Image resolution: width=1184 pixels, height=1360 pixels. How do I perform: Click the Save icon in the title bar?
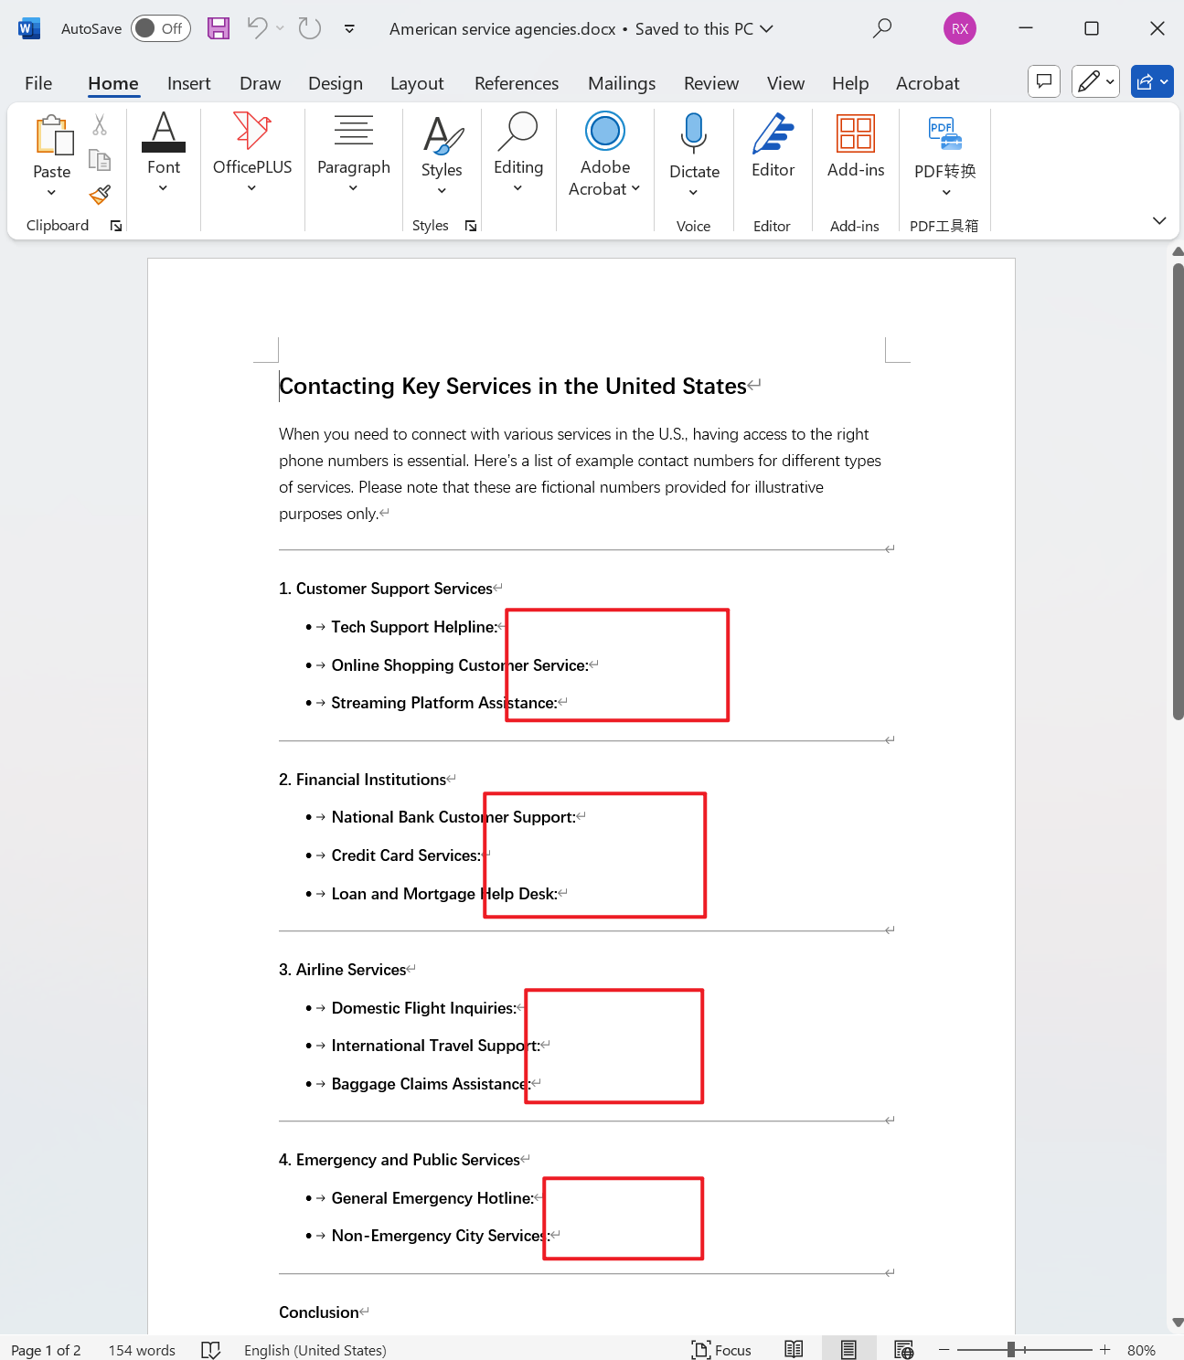point(219,28)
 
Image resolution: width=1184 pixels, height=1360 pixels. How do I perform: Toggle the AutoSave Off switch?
point(160,28)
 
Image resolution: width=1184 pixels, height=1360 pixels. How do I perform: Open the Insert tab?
point(188,83)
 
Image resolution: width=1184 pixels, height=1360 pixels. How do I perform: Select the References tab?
point(516,83)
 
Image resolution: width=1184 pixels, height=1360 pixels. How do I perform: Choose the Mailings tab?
point(621,83)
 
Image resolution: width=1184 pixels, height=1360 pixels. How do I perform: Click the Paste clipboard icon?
point(53,136)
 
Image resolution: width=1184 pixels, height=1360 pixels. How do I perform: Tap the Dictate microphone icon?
point(694,133)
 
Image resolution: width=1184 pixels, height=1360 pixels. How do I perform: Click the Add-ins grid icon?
point(855,133)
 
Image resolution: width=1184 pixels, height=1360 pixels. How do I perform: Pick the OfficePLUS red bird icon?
point(251,131)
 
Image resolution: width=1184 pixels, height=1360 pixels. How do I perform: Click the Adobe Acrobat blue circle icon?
point(604,131)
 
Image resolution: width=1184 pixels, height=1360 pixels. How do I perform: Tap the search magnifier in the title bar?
point(881,28)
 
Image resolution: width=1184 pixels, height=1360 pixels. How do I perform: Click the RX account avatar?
point(959,28)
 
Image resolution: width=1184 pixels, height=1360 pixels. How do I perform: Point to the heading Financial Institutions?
point(370,780)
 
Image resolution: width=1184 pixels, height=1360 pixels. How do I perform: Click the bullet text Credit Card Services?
point(405,855)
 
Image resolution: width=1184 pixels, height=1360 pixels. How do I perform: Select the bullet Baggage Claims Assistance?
point(430,1084)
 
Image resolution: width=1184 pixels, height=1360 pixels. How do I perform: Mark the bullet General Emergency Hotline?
point(432,1198)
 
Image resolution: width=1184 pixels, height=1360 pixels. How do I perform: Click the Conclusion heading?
point(318,1312)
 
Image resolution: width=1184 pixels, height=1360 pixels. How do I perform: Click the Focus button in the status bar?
point(721,1350)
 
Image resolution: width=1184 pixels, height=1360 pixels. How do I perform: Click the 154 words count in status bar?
point(142,1350)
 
